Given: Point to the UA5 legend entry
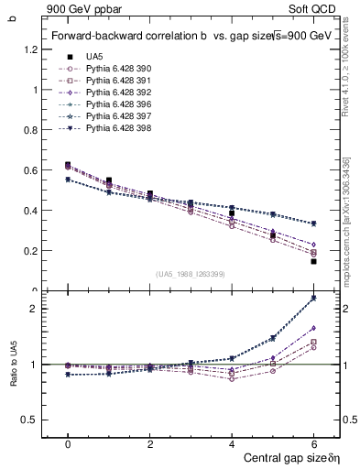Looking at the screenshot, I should pos(94,57).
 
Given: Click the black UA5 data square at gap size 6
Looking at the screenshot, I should pos(314,261).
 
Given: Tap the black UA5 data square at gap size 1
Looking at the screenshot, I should pos(109,180).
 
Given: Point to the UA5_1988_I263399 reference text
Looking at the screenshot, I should pos(191,274).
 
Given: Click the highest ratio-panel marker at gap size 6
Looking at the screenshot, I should pos(314,298).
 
